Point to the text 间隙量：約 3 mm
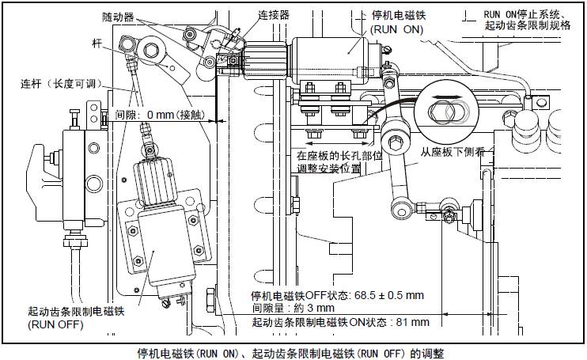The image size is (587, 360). tap(293, 308)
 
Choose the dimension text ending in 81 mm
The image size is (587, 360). tap(340, 322)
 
